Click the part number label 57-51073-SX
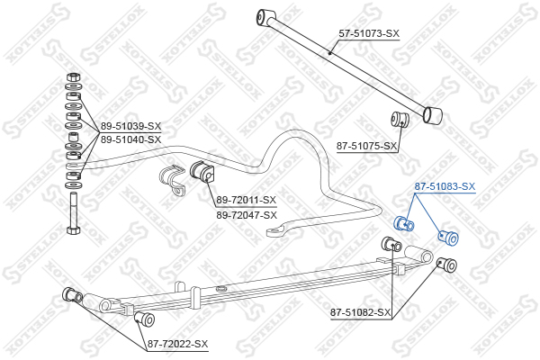pos(369,34)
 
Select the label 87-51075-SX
pos(367,146)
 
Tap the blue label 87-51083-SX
pos(445,186)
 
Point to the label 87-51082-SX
pos(361,312)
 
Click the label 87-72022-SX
pos(177,344)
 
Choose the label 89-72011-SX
pos(247,200)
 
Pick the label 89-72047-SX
pos(247,215)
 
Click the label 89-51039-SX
pos(130,126)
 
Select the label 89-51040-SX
pos(130,139)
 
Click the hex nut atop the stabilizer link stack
pos(74,76)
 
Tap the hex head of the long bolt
pos(74,229)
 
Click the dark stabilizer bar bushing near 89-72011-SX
pos(202,171)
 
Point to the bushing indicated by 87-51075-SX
pos(400,120)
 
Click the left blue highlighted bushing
pos(403,224)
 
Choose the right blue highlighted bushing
pos(448,237)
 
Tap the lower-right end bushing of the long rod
pos(433,114)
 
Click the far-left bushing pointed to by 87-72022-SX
pos(72,295)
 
